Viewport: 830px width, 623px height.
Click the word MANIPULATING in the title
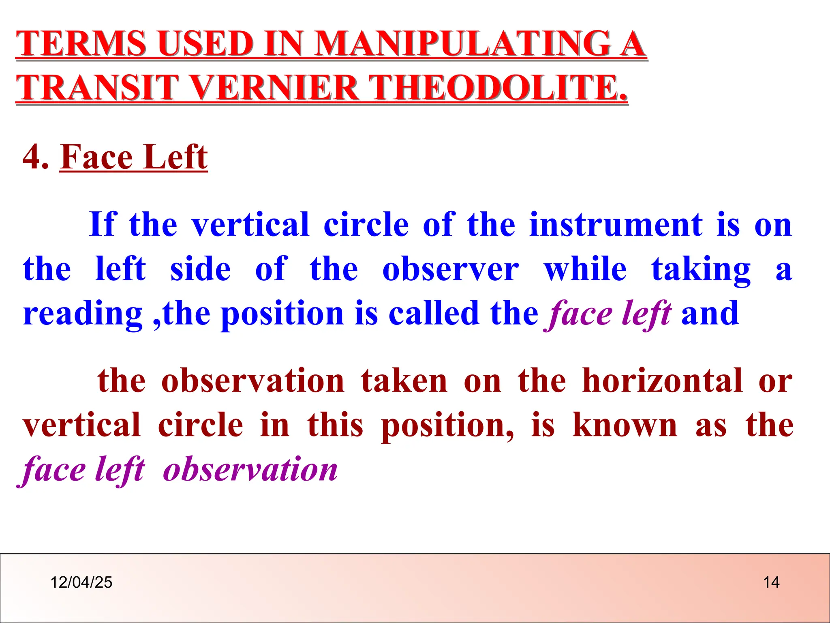462,43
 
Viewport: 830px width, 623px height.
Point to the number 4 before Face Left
32,157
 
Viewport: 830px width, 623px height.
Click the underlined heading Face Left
134,157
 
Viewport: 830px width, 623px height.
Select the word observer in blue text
450,269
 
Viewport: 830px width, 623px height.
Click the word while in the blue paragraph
585,269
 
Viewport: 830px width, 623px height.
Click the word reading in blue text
83,314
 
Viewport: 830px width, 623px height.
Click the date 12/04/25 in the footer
81,582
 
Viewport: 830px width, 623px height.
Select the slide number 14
771,582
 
